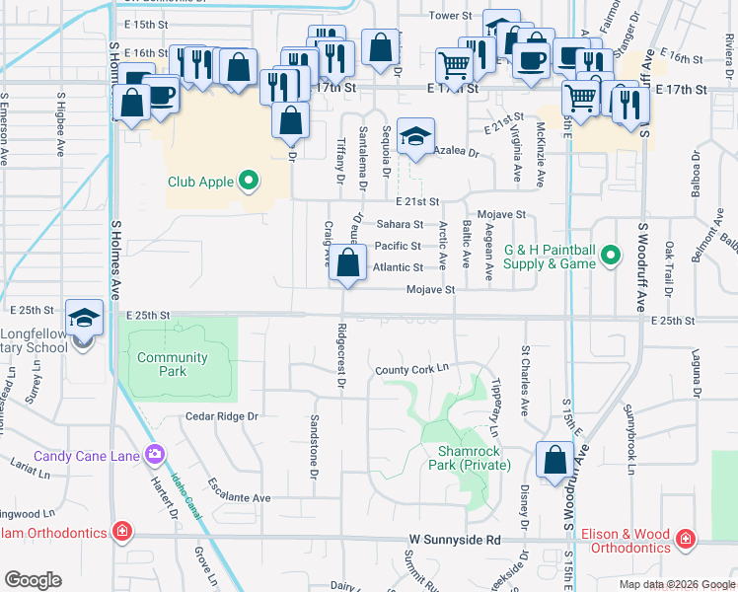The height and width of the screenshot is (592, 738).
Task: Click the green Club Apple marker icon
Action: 250,181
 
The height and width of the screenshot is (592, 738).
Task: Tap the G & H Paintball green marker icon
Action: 611,257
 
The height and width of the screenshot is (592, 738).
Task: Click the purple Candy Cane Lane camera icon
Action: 155,455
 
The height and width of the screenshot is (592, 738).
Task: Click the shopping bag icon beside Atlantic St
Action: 347,263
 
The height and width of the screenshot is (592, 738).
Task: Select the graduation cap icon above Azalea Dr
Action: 416,138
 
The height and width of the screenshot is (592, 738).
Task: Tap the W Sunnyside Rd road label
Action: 455,540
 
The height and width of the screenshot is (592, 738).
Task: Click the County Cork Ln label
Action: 411,369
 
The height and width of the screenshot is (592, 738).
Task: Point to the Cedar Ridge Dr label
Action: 221,416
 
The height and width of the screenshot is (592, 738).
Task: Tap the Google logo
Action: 33,580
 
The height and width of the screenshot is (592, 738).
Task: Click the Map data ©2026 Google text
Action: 676,584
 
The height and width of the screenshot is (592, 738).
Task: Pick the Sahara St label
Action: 399,225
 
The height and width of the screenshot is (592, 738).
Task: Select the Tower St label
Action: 454,16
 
